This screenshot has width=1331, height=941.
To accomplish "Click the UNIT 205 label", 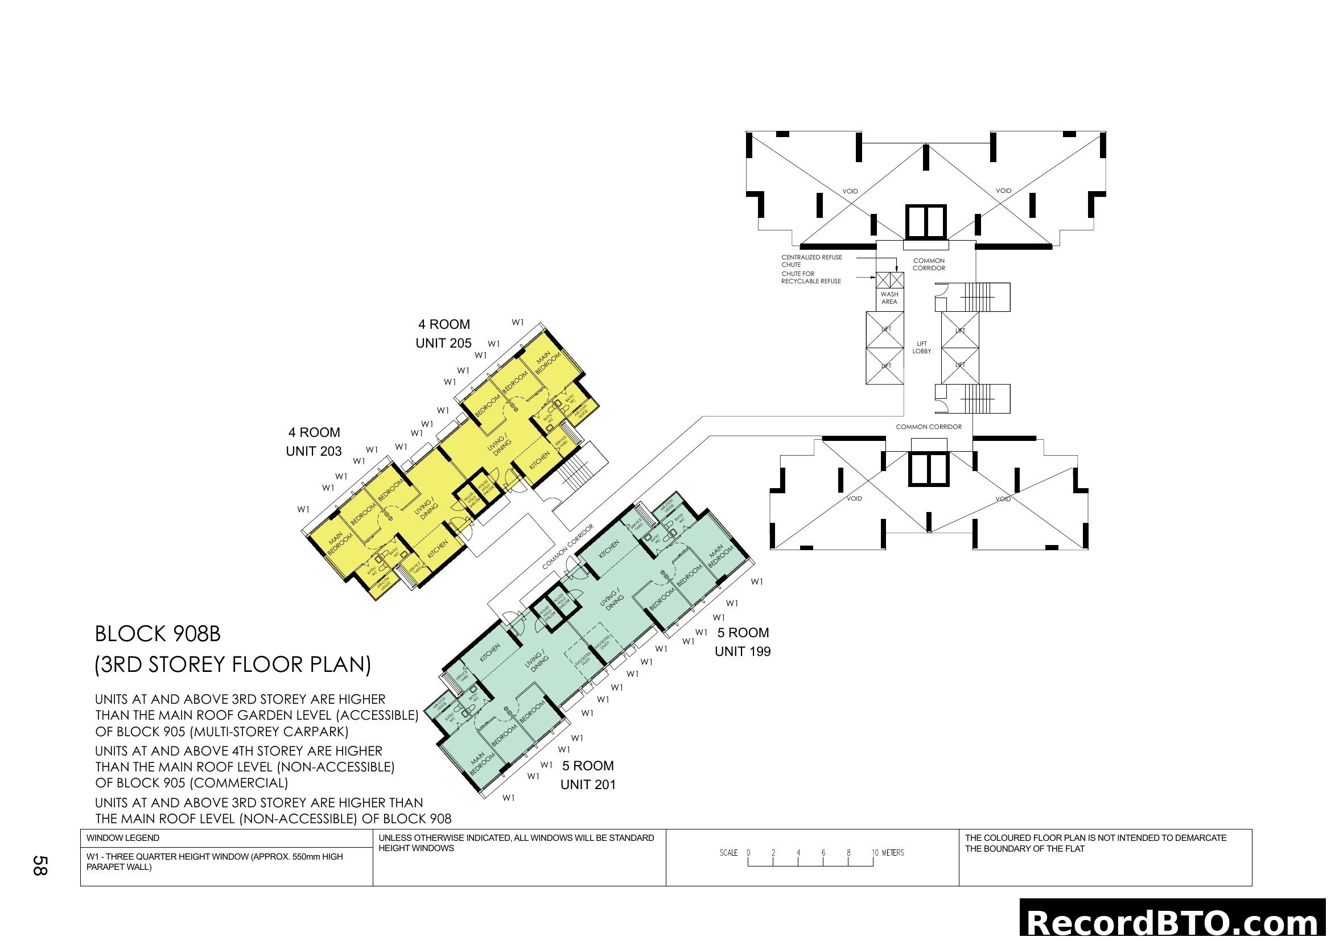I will pyautogui.click(x=444, y=343).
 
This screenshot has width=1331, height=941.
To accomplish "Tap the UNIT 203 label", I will pyautogui.click(x=314, y=451).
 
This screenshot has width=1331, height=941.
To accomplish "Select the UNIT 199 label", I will pyautogui.click(x=743, y=652).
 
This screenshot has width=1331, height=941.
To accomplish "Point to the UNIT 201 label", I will pyautogui.click(x=588, y=785).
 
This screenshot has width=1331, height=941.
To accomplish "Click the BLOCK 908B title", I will pyautogui.click(x=158, y=634).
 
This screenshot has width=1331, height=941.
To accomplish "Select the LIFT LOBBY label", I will pyautogui.click(x=922, y=348).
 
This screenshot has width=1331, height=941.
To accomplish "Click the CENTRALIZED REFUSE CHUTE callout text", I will pyautogui.click(x=811, y=261).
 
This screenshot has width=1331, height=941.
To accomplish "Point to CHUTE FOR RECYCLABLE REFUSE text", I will pyautogui.click(x=810, y=278).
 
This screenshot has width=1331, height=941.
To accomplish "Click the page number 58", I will pyautogui.click(x=39, y=866).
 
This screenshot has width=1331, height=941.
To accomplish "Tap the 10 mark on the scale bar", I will pyautogui.click(x=875, y=853).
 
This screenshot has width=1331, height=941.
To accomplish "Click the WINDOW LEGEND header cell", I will pyautogui.click(x=123, y=838).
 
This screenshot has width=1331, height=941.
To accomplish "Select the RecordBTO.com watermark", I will pyautogui.click(x=1174, y=922).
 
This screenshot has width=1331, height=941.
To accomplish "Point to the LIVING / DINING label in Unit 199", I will pyautogui.click(x=612, y=600).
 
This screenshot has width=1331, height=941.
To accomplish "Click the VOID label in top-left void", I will pyautogui.click(x=850, y=191).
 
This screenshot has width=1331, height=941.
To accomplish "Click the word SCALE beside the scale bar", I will pyautogui.click(x=729, y=853).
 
